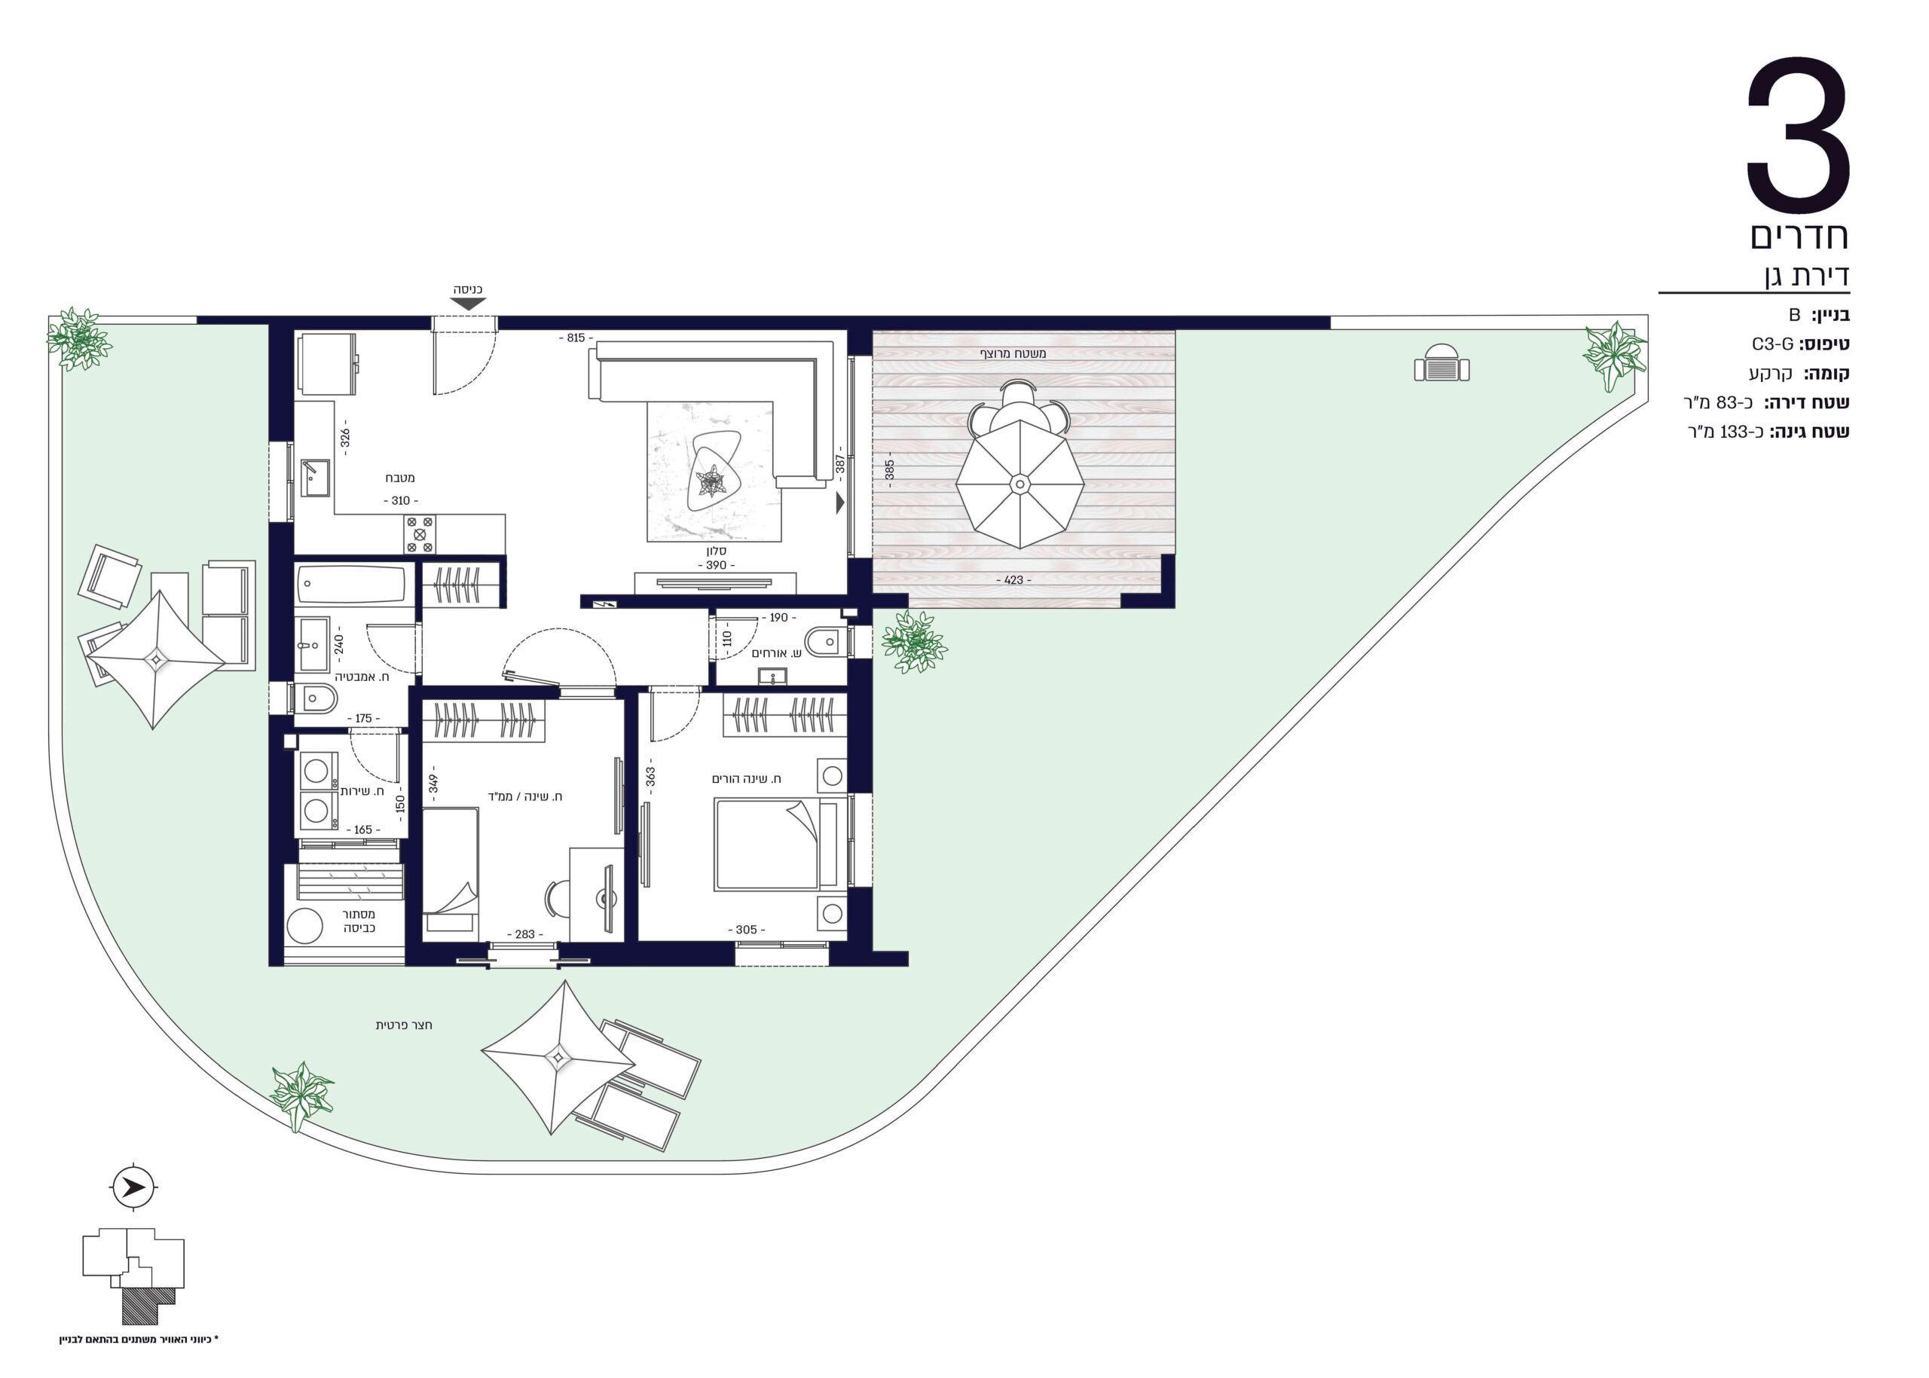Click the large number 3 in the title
(x=1797, y=136)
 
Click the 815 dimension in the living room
(x=576, y=338)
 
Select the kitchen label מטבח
(x=399, y=478)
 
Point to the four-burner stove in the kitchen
(x=419, y=535)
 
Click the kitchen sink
(x=316, y=478)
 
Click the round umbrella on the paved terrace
(x=1020, y=484)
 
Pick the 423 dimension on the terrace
(x=1013, y=580)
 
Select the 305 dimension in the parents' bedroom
(x=746, y=930)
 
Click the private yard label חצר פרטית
(x=404, y=1025)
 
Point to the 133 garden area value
(x=1733, y=432)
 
